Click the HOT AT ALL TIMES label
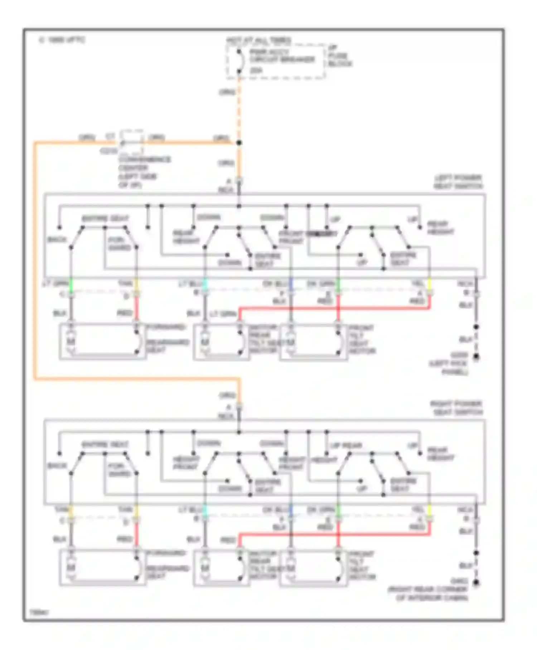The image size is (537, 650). tap(258, 40)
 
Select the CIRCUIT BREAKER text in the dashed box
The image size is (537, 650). tap(282, 60)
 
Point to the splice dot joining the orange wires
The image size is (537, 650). tap(239, 143)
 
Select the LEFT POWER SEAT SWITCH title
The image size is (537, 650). tap(458, 182)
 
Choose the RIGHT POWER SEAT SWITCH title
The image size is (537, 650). tap(456, 408)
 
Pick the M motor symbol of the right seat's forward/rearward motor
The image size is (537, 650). tap(71, 568)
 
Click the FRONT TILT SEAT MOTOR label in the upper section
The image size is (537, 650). tap(362, 339)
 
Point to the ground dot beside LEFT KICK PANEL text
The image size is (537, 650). tap(476, 357)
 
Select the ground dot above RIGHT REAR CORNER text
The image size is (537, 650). tap(476, 583)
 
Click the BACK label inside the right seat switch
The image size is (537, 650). tap(57, 465)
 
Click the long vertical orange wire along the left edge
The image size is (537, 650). tap(35, 258)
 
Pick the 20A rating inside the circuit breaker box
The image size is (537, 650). tap(256, 71)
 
